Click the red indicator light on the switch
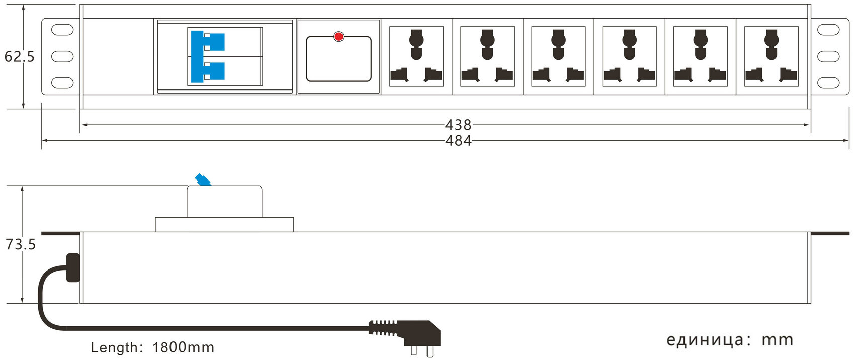pos(338,36)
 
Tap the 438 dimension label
pos(458,125)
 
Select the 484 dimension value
pos(458,141)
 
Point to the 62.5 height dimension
pos(19,56)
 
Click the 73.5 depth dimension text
pos(20,244)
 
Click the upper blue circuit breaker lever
pos(208,41)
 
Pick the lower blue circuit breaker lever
pos(208,72)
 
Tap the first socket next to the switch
pos(416,56)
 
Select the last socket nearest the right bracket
pos(771,56)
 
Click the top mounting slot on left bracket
pos(62,30)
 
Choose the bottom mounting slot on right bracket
pos(828,83)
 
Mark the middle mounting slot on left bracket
pos(62,56)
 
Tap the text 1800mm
pos(183,347)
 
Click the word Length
pos(114,347)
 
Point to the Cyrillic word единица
pos(705,340)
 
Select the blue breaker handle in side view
pos(203,179)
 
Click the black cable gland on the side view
pos(73,267)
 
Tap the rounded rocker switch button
pos(338,59)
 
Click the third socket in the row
pos(558,56)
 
